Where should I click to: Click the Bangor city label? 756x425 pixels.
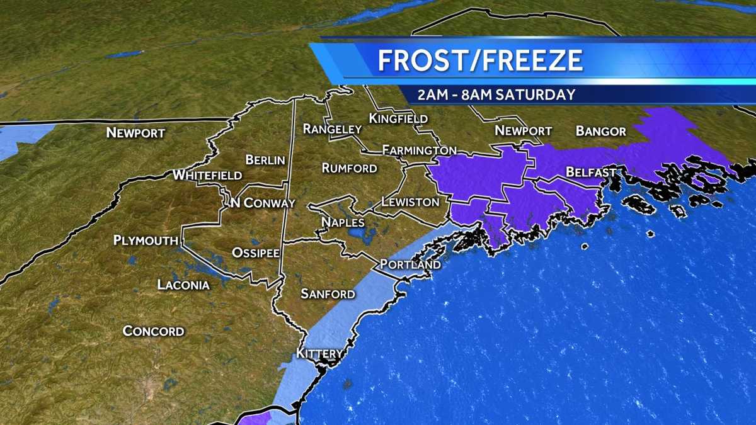(x=600, y=132)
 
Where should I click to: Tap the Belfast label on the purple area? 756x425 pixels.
(x=590, y=172)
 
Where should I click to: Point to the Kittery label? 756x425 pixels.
(x=320, y=354)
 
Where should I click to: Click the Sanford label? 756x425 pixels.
(x=328, y=294)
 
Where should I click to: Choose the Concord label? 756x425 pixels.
(x=153, y=331)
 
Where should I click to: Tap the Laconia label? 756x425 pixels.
(x=183, y=285)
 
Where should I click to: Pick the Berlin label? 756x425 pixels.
(x=265, y=161)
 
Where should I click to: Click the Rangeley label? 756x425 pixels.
(x=332, y=129)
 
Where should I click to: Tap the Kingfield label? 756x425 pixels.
(x=398, y=118)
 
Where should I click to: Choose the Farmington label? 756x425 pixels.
(x=419, y=150)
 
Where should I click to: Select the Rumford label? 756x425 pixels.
(x=349, y=168)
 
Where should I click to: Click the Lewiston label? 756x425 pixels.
(x=409, y=202)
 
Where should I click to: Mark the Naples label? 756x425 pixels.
(x=342, y=222)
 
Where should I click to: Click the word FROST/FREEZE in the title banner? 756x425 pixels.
(x=480, y=60)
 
